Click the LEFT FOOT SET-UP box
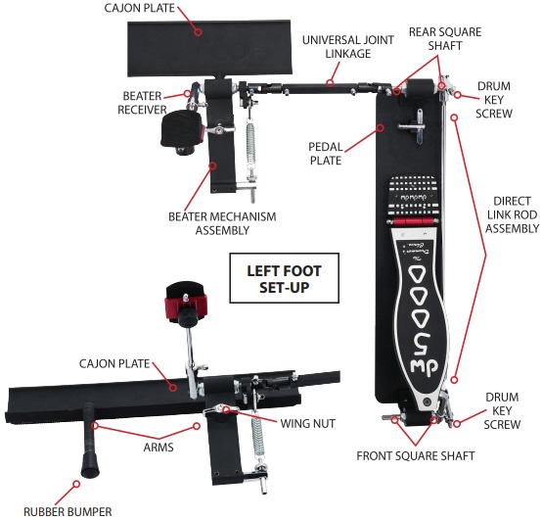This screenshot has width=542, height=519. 284,278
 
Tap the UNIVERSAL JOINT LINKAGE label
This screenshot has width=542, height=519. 347,47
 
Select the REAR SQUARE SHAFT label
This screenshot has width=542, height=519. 445,39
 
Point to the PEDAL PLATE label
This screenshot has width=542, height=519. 325,154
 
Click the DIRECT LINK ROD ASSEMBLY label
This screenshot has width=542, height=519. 512,214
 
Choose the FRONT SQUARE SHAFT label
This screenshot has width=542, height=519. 416,455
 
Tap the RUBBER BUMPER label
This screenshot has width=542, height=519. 68,511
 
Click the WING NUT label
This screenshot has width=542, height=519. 307,423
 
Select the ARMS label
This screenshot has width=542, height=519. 158,448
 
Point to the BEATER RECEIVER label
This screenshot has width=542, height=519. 142,103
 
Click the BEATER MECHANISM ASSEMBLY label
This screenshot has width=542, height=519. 222,223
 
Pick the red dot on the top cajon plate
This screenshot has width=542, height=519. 198,31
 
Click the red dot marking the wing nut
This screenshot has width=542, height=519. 226,410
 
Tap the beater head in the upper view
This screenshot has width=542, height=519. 181,129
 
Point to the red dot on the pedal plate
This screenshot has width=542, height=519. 381,127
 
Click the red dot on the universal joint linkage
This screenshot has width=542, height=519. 330,82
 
